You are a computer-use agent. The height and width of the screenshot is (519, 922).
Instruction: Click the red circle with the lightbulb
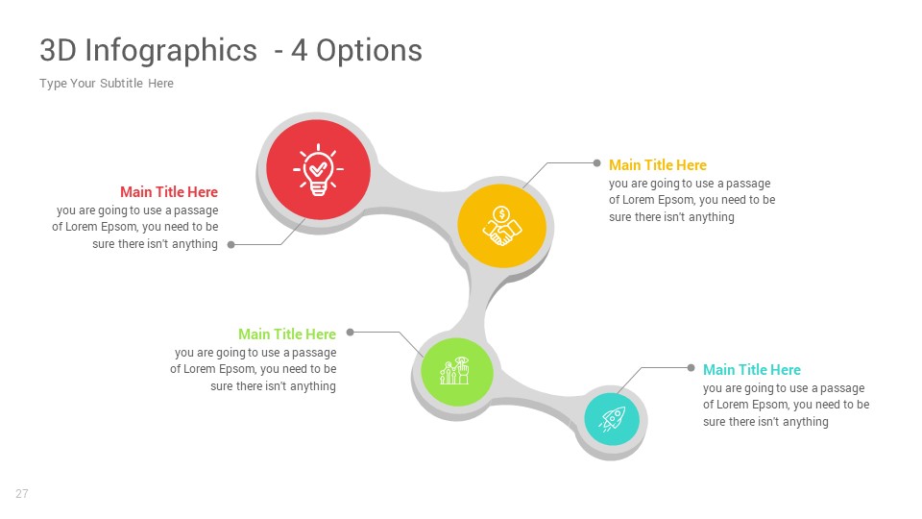pos(318,170)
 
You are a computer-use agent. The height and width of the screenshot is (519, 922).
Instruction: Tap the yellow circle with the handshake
pos(501,226)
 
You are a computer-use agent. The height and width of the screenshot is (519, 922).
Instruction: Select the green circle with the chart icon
pos(457,371)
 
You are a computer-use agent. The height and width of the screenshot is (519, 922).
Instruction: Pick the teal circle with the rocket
pos(612,419)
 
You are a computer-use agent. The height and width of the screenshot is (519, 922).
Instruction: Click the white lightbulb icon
pos(318,169)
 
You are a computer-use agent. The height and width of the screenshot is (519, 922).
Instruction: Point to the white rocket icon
pos(612,419)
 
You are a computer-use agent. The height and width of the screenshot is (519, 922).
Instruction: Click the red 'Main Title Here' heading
pos(169,192)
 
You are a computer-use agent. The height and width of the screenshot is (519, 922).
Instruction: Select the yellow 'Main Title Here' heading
pos(657,164)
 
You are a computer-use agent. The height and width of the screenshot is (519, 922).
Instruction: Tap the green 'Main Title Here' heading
pos(287,334)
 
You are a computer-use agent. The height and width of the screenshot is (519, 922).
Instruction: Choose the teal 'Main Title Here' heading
pos(751,369)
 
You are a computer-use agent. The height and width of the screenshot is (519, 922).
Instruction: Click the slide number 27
pos(22,494)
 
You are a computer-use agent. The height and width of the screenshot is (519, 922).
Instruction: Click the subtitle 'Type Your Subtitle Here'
pos(107,84)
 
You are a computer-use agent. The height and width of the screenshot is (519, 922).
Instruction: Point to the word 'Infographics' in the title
pos(171,51)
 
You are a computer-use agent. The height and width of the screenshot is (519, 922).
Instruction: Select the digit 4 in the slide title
pos(300,51)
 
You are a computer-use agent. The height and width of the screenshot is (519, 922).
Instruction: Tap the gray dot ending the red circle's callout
pos(231,245)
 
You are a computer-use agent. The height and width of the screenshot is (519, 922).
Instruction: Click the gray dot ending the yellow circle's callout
pos(596,163)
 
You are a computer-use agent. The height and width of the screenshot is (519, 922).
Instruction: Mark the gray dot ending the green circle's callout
pos(350,332)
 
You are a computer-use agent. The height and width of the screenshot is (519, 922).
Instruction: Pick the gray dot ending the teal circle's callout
pos(691,368)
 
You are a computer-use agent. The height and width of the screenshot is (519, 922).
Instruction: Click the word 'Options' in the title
pos(369,51)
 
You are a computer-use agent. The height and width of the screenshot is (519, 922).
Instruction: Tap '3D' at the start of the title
pos(59,50)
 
